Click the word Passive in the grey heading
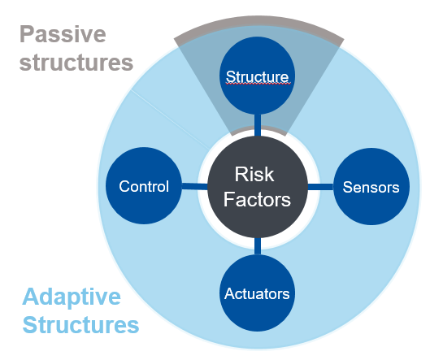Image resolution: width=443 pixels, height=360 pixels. (x=63, y=34)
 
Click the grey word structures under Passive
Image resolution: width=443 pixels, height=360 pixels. (x=76, y=63)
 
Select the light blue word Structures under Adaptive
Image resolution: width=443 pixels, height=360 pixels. (x=80, y=325)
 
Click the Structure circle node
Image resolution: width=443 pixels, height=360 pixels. (x=258, y=76)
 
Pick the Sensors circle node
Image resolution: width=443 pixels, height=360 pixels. (x=371, y=187)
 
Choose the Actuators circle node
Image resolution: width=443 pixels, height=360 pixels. (x=258, y=293)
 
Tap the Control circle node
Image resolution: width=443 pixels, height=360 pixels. (x=144, y=186)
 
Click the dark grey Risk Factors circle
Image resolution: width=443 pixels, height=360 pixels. (x=258, y=187)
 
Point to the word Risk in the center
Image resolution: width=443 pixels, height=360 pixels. (x=254, y=174)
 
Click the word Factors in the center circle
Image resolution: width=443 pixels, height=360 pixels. (x=257, y=199)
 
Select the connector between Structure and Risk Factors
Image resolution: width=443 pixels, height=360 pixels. (x=258, y=125)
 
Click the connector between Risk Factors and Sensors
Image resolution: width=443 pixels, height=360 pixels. (x=320, y=187)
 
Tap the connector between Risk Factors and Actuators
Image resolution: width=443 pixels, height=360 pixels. (x=258, y=246)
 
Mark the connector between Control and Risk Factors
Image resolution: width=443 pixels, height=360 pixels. (x=194, y=186)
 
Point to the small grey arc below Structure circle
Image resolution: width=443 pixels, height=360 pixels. (x=258, y=128)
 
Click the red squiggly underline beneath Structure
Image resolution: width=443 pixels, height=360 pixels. (x=258, y=84)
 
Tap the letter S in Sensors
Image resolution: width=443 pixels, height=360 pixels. (x=347, y=187)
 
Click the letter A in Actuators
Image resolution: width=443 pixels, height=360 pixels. (x=230, y=293)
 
